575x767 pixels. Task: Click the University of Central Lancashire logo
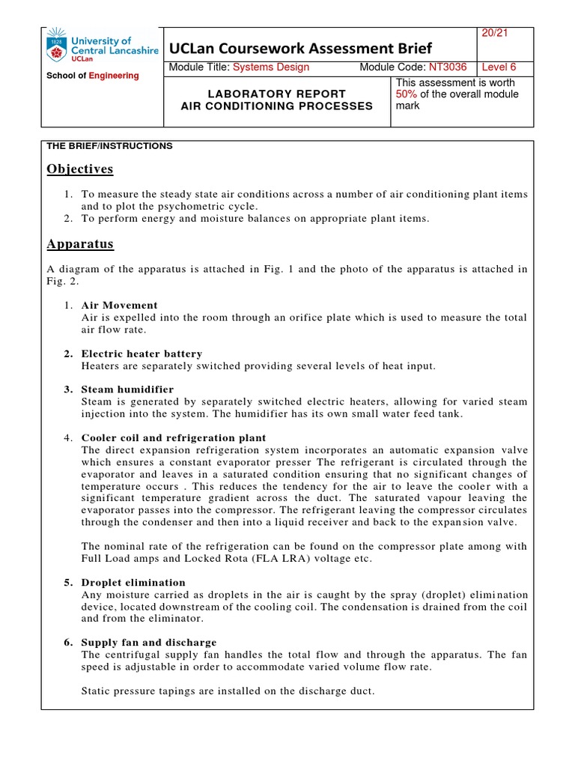click(102, 46)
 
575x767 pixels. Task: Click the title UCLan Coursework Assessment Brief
click(301, 49)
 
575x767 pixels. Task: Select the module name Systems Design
click(271, 67)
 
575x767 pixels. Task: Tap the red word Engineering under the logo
click(114, 76)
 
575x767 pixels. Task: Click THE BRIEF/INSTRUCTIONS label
click(109, 146)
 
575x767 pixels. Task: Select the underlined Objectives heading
click(79, 169)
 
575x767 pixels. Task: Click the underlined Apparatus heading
click(79, 243)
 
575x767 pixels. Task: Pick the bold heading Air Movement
click(119, 306)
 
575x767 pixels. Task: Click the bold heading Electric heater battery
click(142, 354)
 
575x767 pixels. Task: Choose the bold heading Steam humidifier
click(127, 389)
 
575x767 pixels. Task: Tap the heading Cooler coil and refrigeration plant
click(173, 437)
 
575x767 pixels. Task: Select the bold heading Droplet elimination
click(133, 582)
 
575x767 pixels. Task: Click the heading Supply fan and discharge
click(149, 642)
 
